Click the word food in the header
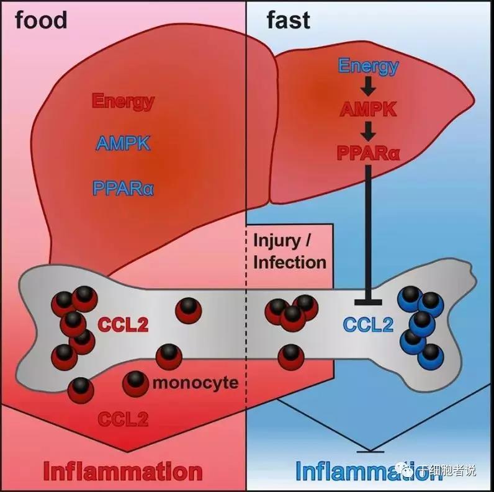tap(41, 20)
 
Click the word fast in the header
tap(288, 20)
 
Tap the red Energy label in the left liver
tap(122, 101)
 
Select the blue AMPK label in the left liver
tap(122, 144)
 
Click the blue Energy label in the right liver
tap(368, 66)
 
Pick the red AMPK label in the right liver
tap(369, 110)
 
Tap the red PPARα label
tap(369, 153)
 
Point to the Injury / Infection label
tap(289, 251)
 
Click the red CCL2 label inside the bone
tap(122, 323)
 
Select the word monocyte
tap(195, 382)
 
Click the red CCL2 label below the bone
tap(123, 419)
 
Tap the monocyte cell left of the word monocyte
tap(135, 383)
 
